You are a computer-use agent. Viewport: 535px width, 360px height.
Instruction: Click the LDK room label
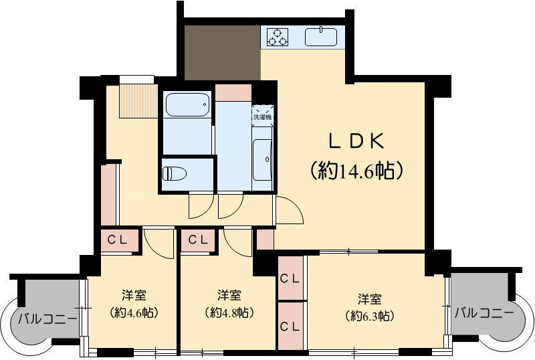pos(356,141)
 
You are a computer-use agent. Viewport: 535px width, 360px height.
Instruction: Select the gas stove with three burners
pos(278,36)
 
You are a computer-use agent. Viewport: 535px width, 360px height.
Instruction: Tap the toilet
pos(174,173)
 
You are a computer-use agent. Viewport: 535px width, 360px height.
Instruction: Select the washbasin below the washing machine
pos(262,160)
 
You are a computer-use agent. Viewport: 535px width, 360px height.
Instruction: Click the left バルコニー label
pos(47,318)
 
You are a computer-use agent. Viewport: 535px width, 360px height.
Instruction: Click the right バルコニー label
pos(484,312)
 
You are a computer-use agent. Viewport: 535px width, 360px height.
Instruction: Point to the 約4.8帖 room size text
pos(229,312)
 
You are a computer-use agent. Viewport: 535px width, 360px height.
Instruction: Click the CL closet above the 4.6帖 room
pos(120,240)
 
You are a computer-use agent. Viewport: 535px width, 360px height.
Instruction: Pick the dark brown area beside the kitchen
pos(222,53)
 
